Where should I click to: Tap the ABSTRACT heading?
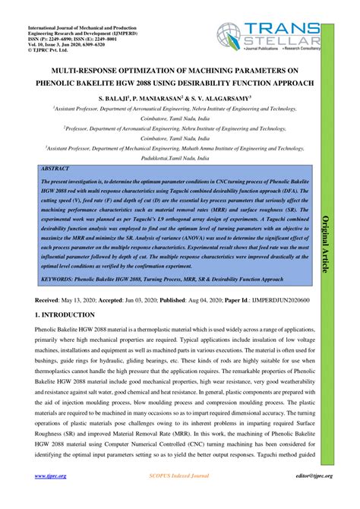tap(55, 167)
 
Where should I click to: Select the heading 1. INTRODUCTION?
tap(68, 314)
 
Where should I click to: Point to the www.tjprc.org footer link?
tap(52, 498)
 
